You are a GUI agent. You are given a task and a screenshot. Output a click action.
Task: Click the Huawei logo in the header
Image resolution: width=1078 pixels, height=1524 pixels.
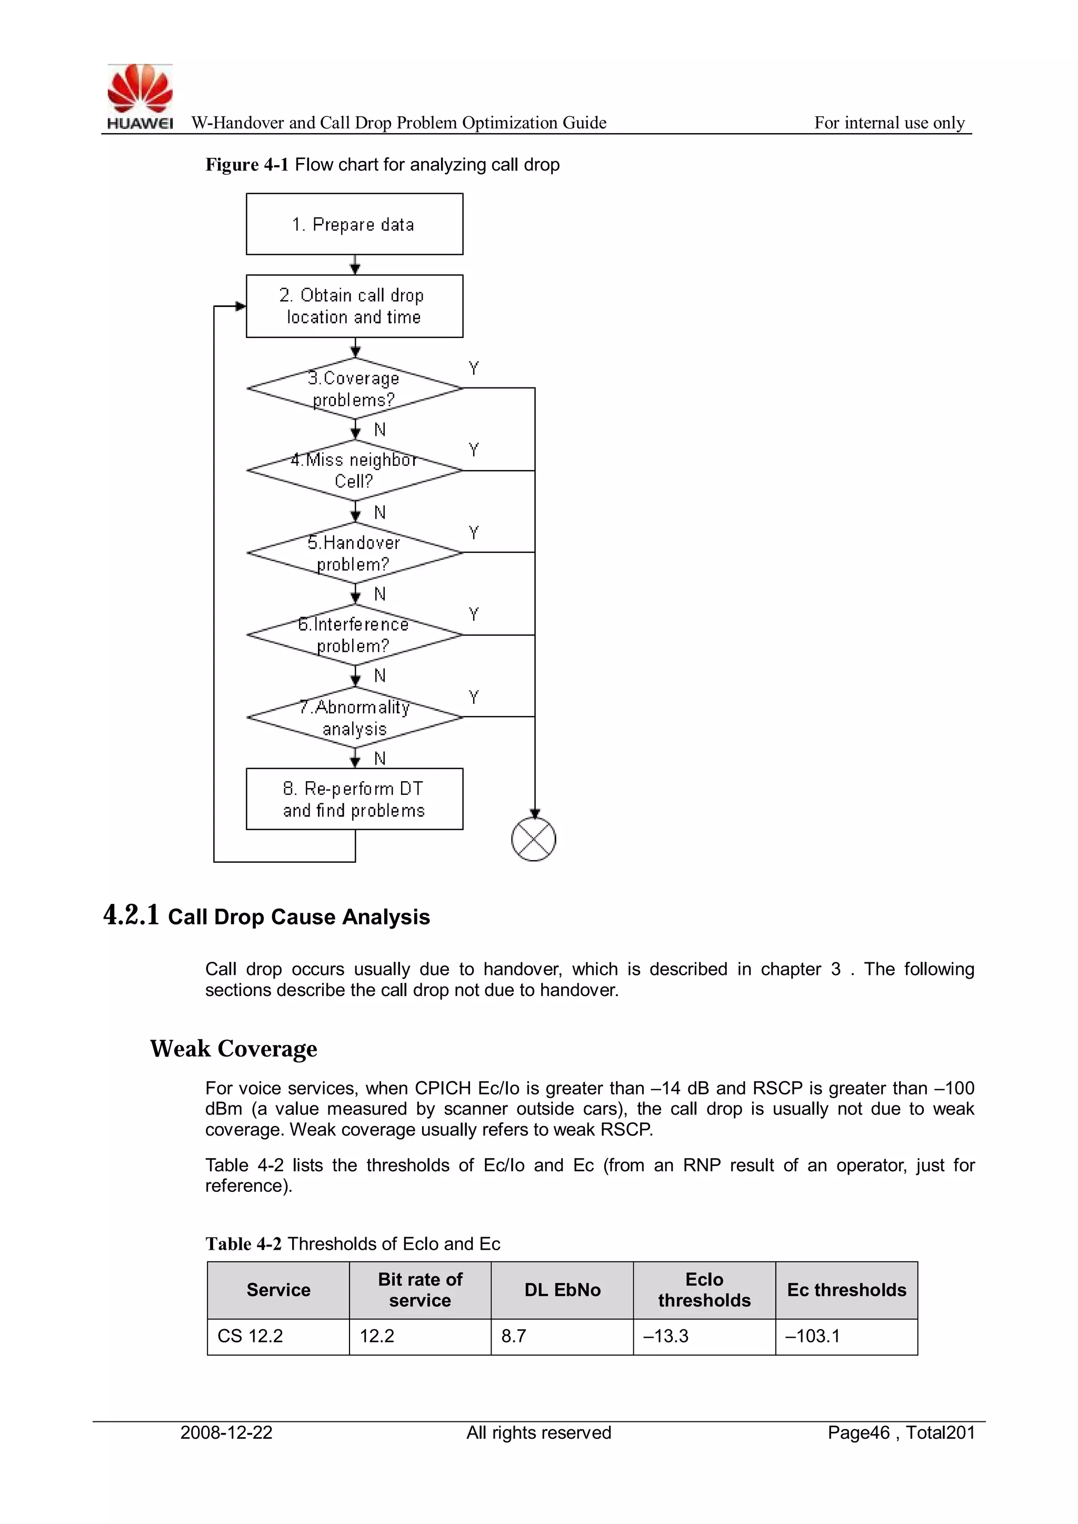(140, 96)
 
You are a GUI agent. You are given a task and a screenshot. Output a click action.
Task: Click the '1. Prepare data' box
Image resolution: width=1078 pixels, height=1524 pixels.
(354, 224)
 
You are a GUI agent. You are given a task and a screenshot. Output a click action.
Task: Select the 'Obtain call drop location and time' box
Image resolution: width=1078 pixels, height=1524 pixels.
(354, 306)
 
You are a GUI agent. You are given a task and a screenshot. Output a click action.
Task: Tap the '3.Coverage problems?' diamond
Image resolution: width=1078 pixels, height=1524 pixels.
(354, 389)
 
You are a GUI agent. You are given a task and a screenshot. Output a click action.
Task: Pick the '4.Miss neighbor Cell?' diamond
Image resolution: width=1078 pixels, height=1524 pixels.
(354, 470)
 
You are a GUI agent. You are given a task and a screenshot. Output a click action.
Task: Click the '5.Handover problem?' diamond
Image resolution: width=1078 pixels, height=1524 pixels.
(354, 552)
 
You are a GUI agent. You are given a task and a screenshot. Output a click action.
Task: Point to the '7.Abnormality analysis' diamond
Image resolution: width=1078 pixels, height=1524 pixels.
(354, 717)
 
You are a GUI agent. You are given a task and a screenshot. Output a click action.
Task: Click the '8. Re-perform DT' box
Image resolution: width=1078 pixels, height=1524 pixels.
(354, 799)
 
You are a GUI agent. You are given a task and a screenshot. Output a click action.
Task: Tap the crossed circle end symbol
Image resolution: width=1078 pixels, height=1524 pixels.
(534, 840)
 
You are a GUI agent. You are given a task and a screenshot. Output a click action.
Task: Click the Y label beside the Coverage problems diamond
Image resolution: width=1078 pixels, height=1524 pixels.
(473, 368)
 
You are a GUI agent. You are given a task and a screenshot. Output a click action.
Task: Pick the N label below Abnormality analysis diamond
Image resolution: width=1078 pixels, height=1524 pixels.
(380, 758)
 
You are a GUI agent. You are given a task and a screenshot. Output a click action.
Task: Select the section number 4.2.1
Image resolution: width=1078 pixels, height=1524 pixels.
(132, 915)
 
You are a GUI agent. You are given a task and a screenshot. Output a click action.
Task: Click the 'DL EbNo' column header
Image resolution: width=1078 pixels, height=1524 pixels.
(562, 1290)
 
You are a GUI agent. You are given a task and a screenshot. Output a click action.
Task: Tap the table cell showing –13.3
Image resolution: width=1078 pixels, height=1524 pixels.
(666, 1336)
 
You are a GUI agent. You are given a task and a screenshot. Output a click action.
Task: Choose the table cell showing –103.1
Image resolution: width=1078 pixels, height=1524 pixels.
(813, 1336)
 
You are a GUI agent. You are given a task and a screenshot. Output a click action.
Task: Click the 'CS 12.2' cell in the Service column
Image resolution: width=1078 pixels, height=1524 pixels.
(250, 1336)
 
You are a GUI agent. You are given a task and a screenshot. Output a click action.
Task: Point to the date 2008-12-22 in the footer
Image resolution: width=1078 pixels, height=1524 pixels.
(226, 1432)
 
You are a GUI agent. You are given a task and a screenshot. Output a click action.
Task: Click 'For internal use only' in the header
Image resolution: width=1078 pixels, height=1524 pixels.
(890, 123)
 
